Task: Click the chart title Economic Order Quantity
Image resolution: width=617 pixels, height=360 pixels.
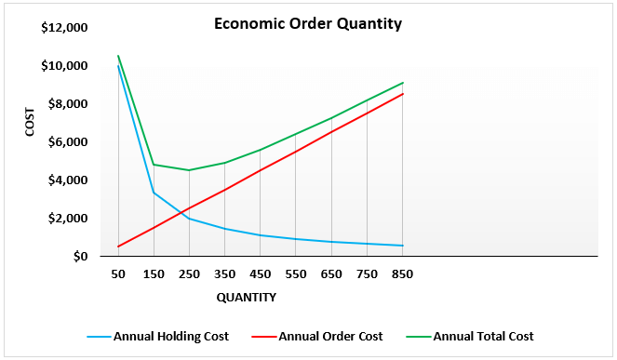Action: [x=308, y=24]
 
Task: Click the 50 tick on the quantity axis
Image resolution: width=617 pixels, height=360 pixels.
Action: [x=118, y=274]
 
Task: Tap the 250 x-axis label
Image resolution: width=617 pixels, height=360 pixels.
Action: [x=189, y=274]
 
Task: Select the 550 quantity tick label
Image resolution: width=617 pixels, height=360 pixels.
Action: [x=295, y=274]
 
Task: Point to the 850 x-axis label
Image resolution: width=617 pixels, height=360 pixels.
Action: [x=402, y=274]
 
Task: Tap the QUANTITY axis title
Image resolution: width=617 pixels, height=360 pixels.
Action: [x=246, y=298]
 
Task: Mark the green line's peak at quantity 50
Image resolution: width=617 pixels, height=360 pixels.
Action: [x=118, y=56]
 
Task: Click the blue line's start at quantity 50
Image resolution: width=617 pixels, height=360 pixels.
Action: [x=118, y=66]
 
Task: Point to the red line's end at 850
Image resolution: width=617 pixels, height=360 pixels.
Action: [x=402, y=93]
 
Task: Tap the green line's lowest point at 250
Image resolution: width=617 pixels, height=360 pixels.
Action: [x=189, y=170]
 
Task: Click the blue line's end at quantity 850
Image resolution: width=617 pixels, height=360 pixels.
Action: [x=402, y=246]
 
